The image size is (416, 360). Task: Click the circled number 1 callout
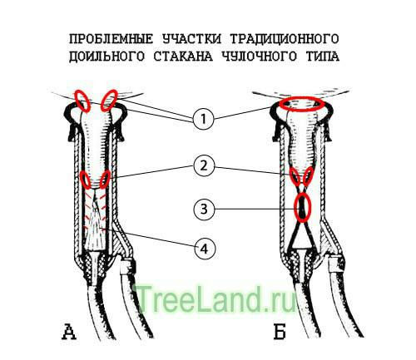[x=204, y=119]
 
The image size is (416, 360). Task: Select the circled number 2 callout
[x=204, y=166]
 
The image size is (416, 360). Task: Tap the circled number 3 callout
[x=204, y=209]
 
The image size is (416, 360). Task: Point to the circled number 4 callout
[x=206, y=249]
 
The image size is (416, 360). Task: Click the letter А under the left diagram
[x=69, y=332]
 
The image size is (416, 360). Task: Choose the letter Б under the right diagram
[x=280, y=332]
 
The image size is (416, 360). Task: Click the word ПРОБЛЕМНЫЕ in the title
[x=111, y=39]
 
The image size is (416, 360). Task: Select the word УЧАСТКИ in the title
[x=192, y=39]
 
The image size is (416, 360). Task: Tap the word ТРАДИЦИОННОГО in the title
[x=285, y=39]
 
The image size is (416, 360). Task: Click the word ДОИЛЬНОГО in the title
[x=106, y=57]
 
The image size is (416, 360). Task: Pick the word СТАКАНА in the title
[x=183, y=57]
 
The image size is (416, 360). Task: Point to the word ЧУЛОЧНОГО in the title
[x=260, y=57]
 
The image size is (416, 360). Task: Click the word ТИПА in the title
[x=323, y=57]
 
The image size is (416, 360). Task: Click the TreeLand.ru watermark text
[x=215, y=299]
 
